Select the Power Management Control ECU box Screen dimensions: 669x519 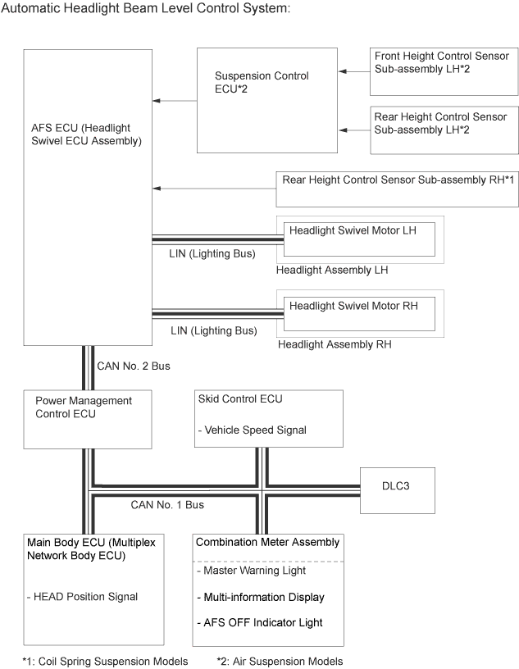(x=87, y=419)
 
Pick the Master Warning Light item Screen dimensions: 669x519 (x=252, y=571)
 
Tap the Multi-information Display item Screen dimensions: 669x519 (x=261, y=597)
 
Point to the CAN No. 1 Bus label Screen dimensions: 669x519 (x=167, y=505)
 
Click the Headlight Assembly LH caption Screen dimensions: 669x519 (x=331, y=270)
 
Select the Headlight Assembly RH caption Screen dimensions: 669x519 (x=335, y=345)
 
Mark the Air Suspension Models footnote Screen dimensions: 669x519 (x=280, y=661)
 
